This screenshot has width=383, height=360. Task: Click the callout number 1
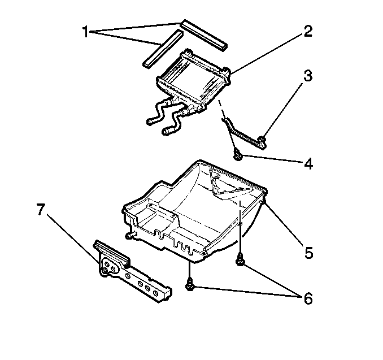pos(85,32)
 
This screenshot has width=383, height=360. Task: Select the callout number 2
pos(308,31)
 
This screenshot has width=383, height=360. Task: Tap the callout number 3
pos(308,76)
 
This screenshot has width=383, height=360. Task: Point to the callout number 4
pos(308,163)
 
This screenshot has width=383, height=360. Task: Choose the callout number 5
pos(309,253)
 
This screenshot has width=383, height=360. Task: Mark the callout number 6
pos(308,298)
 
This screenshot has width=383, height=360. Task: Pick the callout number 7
pos(41,210)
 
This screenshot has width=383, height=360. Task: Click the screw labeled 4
pos(237,155)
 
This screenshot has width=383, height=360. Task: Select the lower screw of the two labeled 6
pos(190,285)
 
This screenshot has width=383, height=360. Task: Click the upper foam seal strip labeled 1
pos(204,35)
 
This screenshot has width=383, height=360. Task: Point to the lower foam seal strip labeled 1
pos(163,49)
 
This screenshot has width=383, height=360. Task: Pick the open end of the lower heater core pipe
pos(166,132)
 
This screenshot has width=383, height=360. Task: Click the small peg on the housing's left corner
pos(130,235)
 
